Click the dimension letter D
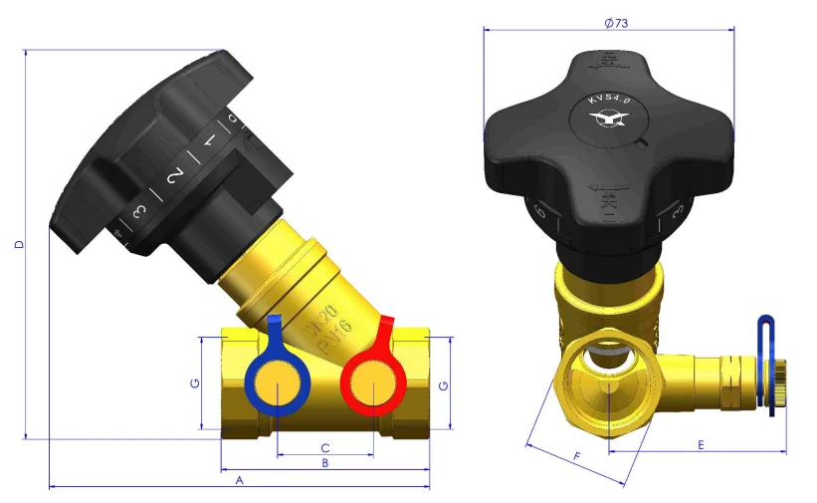19,244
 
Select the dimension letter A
238,480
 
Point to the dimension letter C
324,447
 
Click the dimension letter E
701,444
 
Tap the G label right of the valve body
443,384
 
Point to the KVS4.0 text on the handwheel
608,99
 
